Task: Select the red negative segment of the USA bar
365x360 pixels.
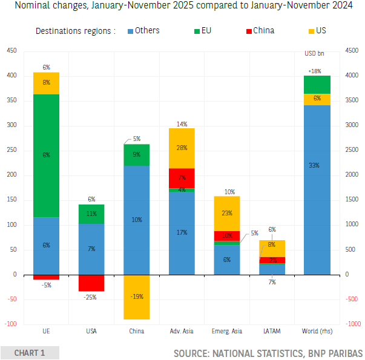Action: tap(91, 283)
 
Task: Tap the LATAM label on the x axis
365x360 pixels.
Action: tap(271, 331)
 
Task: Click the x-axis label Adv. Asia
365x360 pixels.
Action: tap(181, 331)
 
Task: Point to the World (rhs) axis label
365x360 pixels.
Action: tap(317, 331)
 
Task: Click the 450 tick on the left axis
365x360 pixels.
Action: tap(12, 51)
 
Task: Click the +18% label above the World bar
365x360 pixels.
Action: tap(315, 71)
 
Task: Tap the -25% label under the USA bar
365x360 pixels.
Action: tap(92, 298)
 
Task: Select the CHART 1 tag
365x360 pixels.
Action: tap(30, 353)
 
